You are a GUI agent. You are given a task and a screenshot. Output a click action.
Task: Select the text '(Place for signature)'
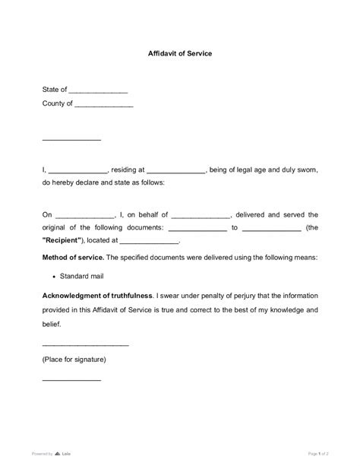pos(74,358)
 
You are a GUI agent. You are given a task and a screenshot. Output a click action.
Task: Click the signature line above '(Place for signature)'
pos(85,346)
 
